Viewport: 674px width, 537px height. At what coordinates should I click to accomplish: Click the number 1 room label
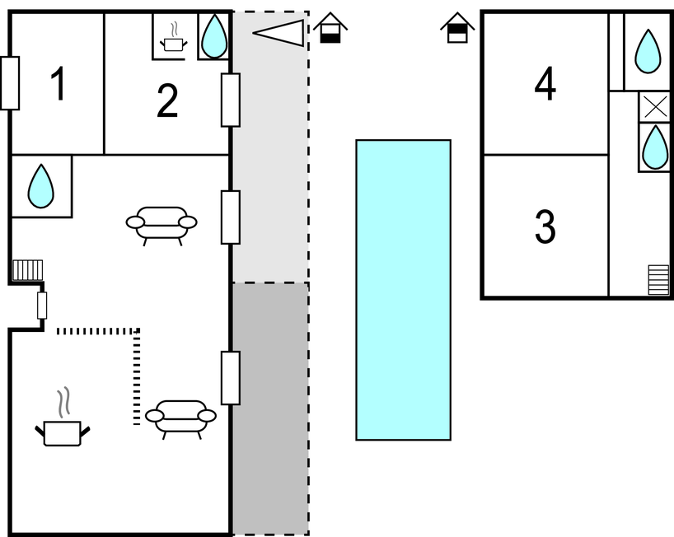[58, 85]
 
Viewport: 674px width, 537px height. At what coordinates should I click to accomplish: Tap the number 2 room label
[167, 100]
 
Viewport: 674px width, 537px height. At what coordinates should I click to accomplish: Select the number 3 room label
[545, 227]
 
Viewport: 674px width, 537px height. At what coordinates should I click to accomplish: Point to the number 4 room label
[545, 84]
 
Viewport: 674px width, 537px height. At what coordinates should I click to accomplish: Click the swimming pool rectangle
[403, 289]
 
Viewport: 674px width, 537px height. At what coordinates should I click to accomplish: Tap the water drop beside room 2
[213, 36]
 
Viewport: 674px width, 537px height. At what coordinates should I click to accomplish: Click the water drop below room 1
[40, 186]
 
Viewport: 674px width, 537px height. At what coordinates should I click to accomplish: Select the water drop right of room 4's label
[648, 51]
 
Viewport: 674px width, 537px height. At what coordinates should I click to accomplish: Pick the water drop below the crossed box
[654, 148]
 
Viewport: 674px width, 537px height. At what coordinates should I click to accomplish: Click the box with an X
[654, 107]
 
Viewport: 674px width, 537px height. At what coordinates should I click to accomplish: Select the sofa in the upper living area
[161, 223]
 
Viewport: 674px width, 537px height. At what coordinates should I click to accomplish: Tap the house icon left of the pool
[330, 28]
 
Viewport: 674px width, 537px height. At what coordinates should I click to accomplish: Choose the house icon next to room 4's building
[457, 28]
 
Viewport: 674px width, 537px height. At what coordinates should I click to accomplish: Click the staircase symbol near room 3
[658, 279]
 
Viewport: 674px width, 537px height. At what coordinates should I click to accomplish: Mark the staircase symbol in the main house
[27, 270]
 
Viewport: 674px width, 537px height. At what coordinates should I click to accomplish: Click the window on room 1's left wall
[10, 83]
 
